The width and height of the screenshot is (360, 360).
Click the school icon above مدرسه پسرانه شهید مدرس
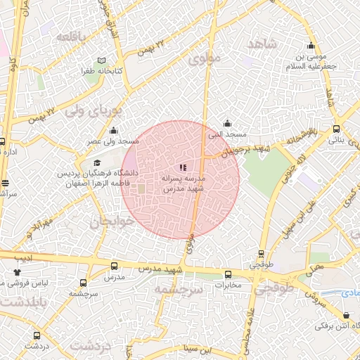183,167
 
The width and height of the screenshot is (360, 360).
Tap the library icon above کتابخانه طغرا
103,61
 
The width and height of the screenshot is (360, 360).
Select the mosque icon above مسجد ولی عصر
113,130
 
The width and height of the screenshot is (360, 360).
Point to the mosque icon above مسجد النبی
226,123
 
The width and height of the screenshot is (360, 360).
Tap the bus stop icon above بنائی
336,129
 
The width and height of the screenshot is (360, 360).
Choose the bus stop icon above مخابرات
227,275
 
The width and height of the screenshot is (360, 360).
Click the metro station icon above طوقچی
262,255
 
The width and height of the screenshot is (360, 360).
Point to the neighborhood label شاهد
263,44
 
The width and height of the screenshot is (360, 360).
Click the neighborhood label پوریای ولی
94,110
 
